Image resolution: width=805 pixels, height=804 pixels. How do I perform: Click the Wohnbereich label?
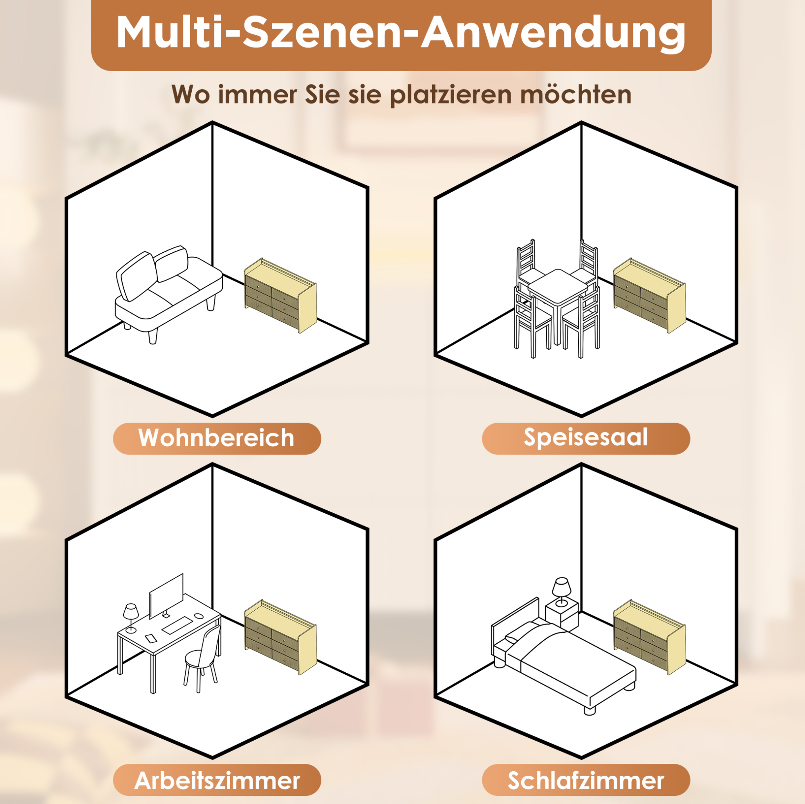click(x=217, y=438)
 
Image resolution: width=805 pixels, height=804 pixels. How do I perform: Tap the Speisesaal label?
click(x=586, y=438)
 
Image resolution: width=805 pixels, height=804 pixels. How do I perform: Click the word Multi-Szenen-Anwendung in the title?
click(x=401, y=34)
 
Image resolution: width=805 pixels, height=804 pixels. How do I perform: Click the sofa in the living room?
click(x=168, y=294)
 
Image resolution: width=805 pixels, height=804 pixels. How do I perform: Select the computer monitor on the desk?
click(x=166, y=595)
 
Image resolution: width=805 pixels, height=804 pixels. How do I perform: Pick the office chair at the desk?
click(x=202, y=659)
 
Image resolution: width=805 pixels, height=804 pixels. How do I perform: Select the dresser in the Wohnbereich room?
click(x=280, y=296)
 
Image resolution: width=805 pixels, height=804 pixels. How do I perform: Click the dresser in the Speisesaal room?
click(x=650, y=296)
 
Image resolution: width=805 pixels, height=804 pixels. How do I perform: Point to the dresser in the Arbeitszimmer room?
click(x=280, y=637)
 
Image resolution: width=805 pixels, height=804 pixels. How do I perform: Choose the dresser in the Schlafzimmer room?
click(x=650, y=637)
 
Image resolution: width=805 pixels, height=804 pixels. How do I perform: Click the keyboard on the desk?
click(x=177, y=627)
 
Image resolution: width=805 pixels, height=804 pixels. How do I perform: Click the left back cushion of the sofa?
click(x=136, y=276)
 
